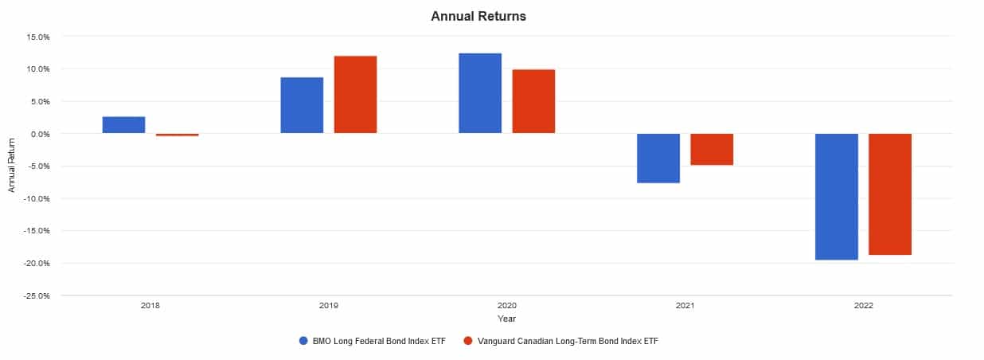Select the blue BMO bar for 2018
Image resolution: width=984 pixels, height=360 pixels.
(x=123, y=125)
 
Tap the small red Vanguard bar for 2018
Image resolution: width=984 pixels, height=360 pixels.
(x=177, y=135)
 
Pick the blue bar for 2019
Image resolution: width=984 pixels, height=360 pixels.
(x=302, y=105)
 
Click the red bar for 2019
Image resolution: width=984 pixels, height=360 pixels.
(x=355, y=95)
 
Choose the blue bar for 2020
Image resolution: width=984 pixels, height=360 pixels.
(x=480, y=93)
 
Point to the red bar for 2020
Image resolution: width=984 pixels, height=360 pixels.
(x=533, y=101)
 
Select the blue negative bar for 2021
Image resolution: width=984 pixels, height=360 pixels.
(x=658, y=158)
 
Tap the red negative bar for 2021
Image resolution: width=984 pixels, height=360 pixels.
(x=712, y=149)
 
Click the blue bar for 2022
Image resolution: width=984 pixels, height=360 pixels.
(x=837, y=196)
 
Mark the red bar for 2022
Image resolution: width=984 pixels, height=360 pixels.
(x=890, y=194)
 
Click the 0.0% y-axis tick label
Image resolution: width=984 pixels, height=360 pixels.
(x=40, y=134)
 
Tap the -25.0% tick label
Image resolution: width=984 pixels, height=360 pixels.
(x=37, y=295)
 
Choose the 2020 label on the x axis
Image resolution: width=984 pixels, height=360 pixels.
(x=506, y=306)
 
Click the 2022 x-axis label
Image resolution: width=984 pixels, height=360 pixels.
(x=863, y=306)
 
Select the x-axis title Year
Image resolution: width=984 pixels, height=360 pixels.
(x=506, y=319)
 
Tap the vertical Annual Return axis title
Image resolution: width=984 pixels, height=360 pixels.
(x=12, y=166)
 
